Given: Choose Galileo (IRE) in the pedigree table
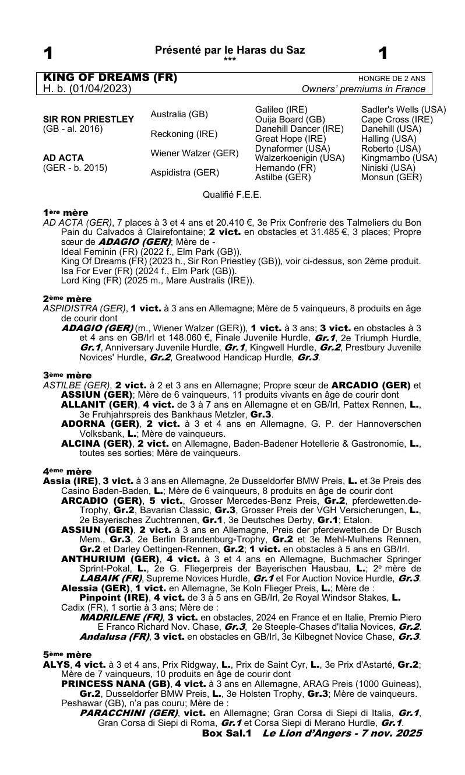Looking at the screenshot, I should (281, 109).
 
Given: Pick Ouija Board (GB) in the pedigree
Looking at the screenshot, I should (286, 119).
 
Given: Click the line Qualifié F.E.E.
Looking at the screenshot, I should (232, 195).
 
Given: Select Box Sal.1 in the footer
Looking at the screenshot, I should (226, 732).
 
